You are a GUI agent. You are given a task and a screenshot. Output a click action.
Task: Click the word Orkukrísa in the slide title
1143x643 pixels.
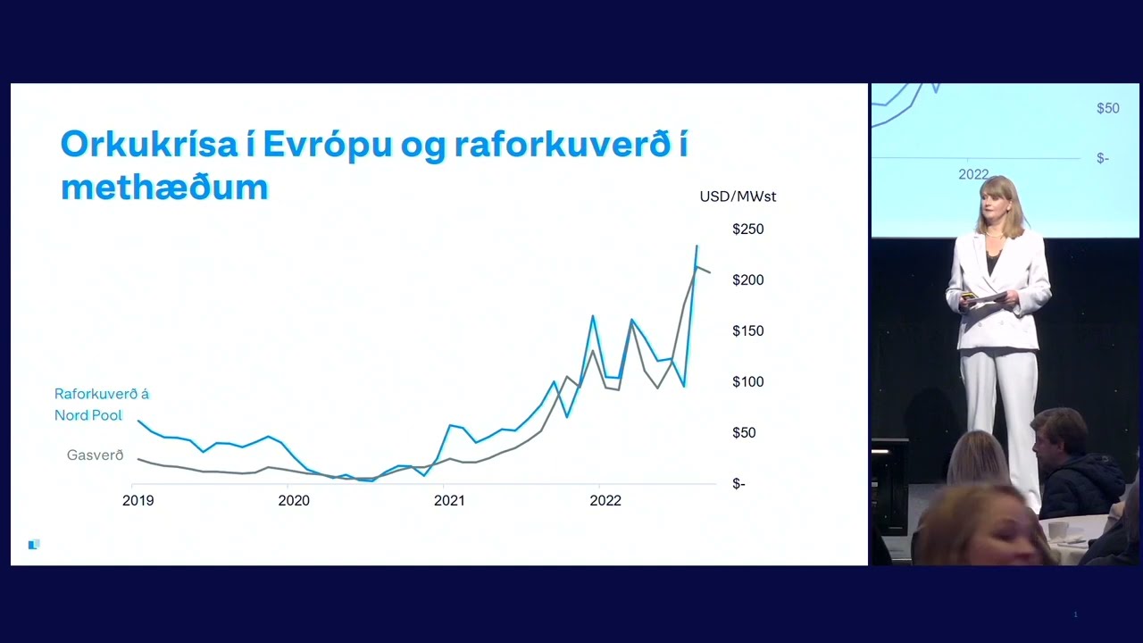click(x=149, y=144)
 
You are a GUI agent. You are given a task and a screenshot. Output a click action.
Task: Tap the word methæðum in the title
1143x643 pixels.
click(x=164, y=188)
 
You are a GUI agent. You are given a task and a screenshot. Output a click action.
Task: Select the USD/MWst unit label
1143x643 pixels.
click(x=738, y=196)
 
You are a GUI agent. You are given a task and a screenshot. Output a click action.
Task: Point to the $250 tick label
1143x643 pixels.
click(x=748, y=229)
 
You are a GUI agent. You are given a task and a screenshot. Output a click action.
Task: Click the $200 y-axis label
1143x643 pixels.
click(x=748, y=280)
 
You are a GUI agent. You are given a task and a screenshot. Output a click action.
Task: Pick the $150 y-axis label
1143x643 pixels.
click(x=748, y=330)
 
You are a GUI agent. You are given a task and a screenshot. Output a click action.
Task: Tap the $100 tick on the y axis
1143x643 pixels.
click(x=748, y=381)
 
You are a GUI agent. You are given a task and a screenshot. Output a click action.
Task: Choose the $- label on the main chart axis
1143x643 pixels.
click(x=738, y=483)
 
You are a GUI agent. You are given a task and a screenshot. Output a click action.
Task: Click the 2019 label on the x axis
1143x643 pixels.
click(x=138, y=501)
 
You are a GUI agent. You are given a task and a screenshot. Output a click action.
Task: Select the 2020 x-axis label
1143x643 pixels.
click(x=294, y=501)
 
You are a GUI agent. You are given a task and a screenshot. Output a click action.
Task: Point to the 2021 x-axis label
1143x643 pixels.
click(x=449, y=501)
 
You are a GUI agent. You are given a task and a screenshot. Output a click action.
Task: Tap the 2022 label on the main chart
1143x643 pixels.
click(x=605, y=501)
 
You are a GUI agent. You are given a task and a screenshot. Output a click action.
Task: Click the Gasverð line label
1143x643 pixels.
click(x=96, y=455)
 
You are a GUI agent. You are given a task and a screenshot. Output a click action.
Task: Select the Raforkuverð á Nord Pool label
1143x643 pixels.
click(x=102, y=405)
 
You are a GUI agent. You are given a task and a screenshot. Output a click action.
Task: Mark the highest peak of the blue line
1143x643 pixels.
click(x=697, y=246)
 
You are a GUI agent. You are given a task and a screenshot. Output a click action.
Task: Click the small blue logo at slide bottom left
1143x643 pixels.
click(x=34, y=545)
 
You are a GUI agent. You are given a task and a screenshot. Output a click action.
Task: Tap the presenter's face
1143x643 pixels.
click(x=994, y=208)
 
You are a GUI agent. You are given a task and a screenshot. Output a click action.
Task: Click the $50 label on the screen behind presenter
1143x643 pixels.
click(x=1108, y=108)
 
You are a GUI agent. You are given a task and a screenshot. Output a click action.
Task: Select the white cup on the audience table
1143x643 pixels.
click(x=1057, y=530)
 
